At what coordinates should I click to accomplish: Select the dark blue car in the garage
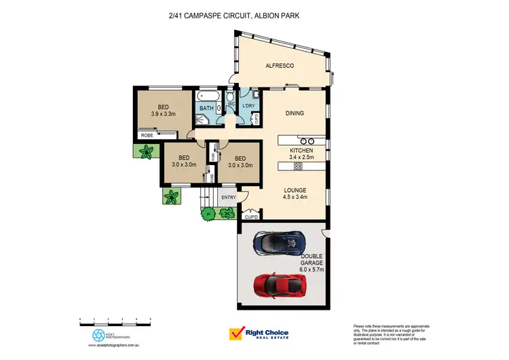pos(278,241)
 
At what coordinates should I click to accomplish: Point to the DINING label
pos(294,113)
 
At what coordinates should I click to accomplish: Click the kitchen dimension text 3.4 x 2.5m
pos(301,157)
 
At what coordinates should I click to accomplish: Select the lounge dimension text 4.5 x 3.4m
pos(296,198)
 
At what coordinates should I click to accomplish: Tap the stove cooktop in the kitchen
pos(298,166)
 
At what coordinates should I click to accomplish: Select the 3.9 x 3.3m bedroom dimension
pos(164,114)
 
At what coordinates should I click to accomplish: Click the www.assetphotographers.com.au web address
pos(114,345)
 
